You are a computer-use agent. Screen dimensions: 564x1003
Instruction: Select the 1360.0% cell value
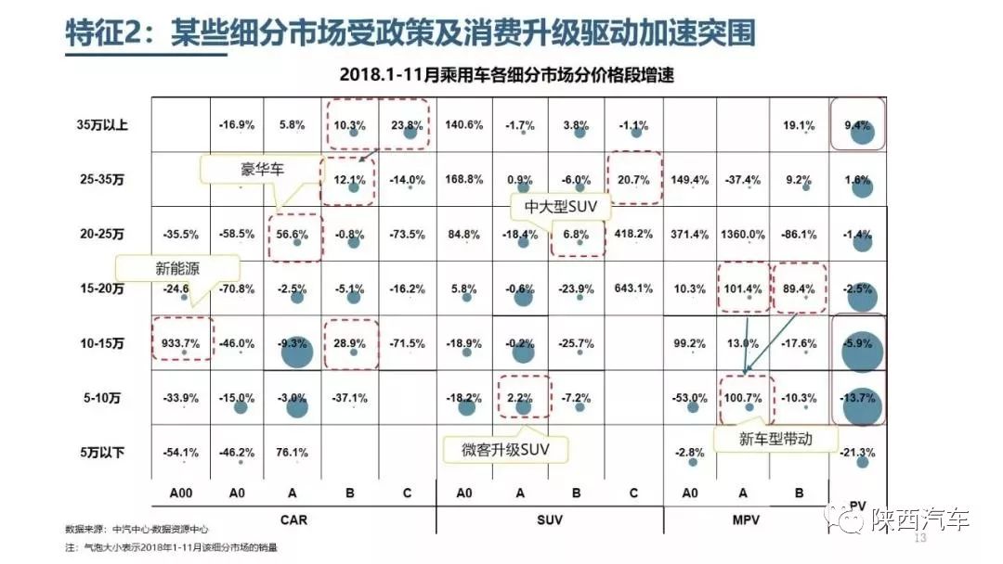[x=744, y=233]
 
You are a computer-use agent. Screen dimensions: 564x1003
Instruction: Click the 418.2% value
[x=633, y=233]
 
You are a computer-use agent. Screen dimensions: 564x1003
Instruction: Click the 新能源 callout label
[x=177, y=269]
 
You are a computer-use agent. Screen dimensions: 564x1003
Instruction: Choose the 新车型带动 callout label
[x=775, y=438]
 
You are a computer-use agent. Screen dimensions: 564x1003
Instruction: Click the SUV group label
[x=550, y=519]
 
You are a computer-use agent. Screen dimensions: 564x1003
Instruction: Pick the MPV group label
[x=743, y=519]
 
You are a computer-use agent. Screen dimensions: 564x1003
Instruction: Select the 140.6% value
[x=464, y=124]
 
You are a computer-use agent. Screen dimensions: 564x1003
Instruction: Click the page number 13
[x=921, y=539]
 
